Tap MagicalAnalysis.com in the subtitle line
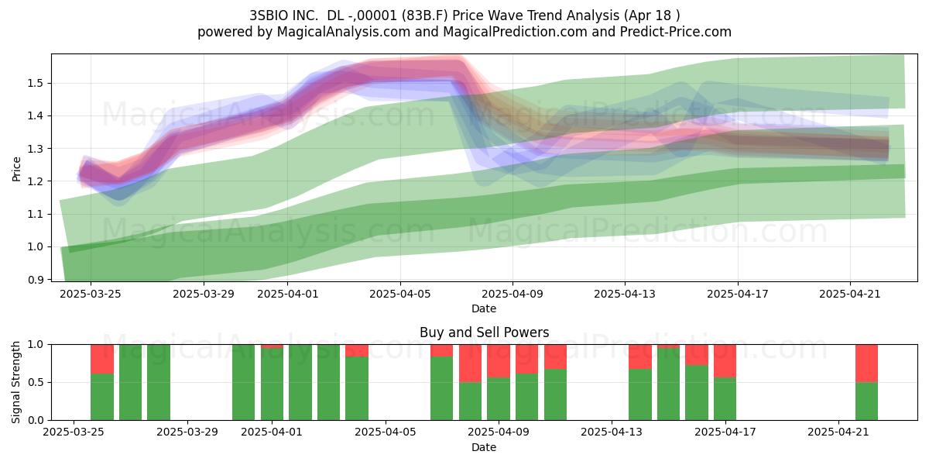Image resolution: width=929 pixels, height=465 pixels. pos(344,32)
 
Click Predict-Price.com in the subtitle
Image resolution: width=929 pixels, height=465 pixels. pos(676,32)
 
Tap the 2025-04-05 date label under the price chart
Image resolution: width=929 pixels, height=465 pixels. pos(400,294)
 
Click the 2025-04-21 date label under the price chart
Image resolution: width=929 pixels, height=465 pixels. pos(850,294)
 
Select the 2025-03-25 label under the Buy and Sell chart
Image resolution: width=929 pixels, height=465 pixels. pos(74,432)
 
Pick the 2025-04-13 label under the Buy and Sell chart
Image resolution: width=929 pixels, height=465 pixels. pos(612,432)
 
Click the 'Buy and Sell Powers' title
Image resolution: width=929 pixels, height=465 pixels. pos(484,332)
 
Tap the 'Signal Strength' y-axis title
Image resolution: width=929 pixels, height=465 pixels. pos(15,382)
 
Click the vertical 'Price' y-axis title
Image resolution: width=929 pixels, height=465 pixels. pos(16,169)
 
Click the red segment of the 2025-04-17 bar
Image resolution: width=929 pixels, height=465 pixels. pos(725,361)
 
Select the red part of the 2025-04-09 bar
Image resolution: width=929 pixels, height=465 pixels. pos(499,361)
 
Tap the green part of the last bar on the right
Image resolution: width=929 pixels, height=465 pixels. pos(867,401)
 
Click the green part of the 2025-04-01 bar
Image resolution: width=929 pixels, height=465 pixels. pos(272,384)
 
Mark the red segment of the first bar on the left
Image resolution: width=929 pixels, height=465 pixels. pos(102,359)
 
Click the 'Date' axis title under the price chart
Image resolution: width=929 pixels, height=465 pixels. pos(484,308)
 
